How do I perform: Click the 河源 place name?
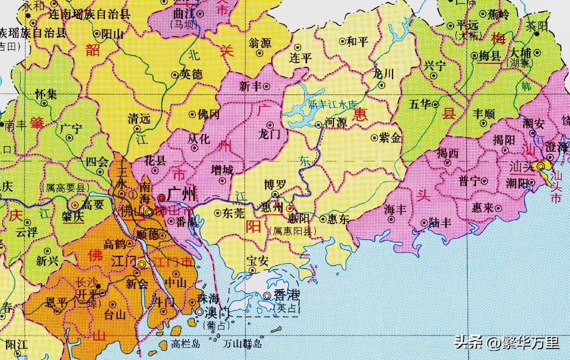(336, 122)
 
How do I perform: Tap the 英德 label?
(191, 75)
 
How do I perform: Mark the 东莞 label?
(234, 214)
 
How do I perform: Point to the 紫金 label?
(390, 138)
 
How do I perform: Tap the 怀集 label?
(46, 94)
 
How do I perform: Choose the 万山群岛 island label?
(243, 344)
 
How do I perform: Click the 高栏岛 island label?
(185, 344)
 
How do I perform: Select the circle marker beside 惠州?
(290, 206)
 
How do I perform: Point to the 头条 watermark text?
(469, 343)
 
